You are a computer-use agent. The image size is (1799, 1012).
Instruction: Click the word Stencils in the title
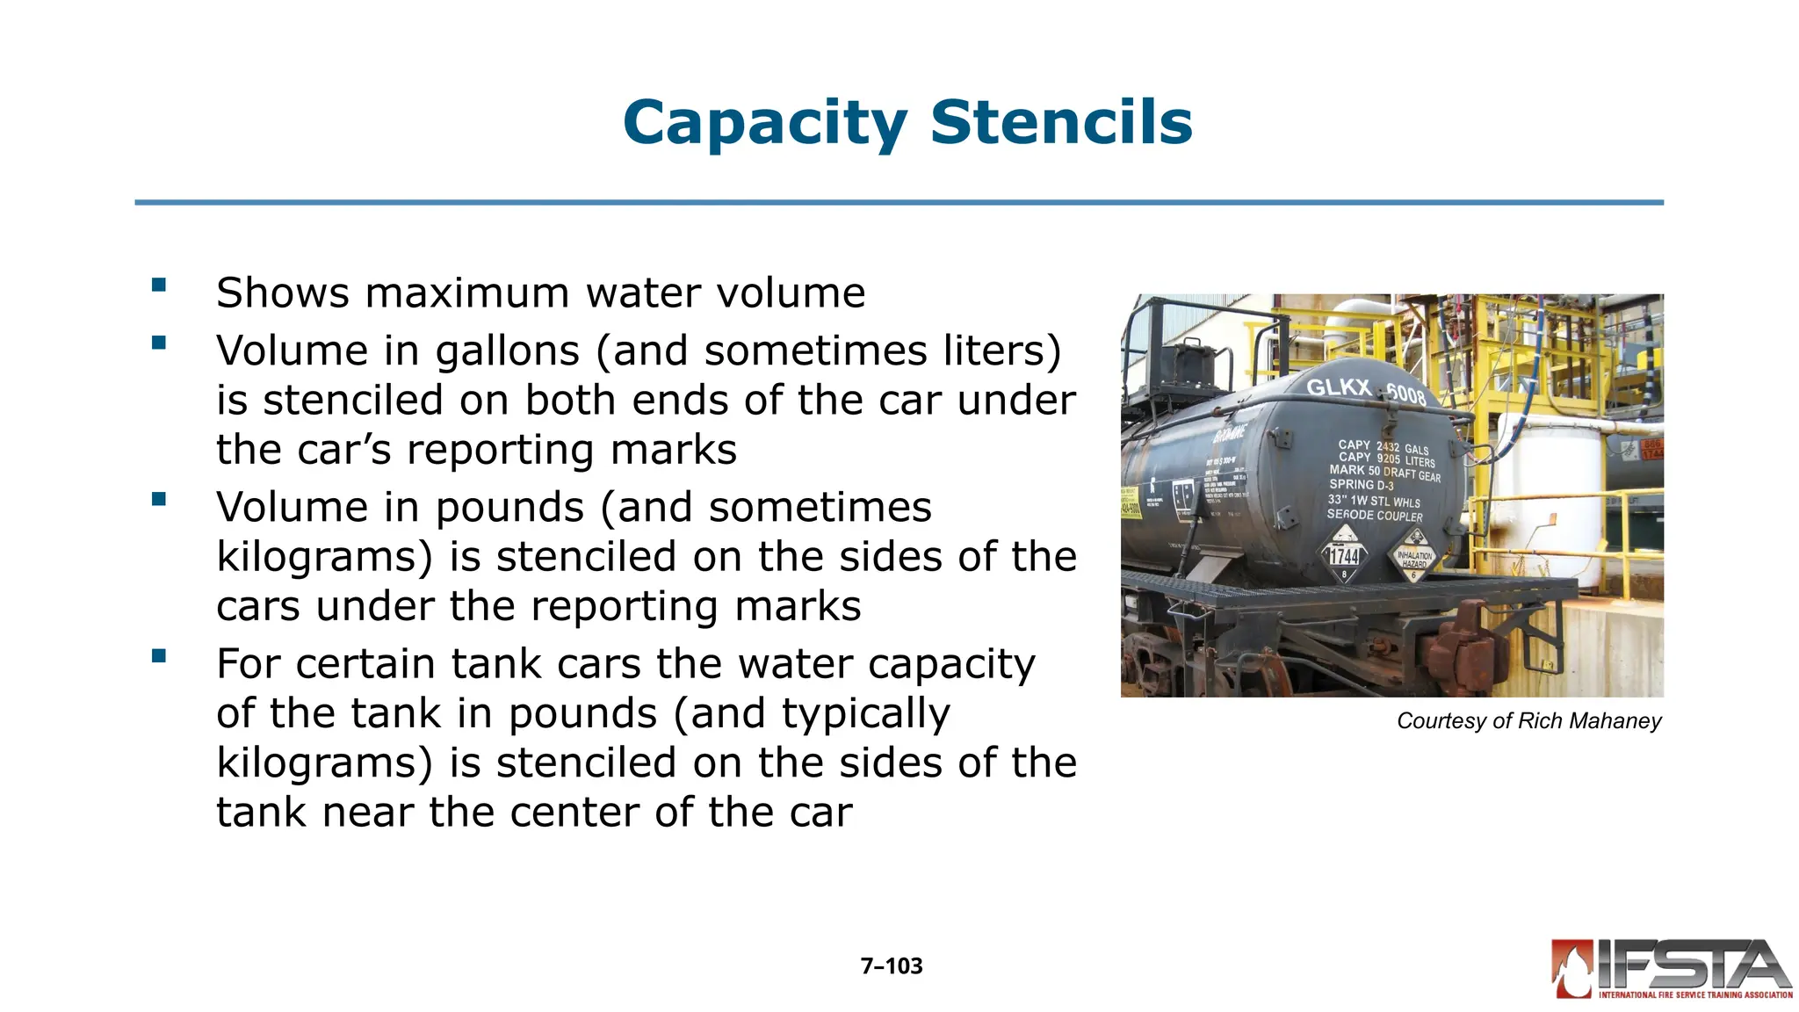pos(1061,122)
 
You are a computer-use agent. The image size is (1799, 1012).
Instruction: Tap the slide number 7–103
pos(892,966)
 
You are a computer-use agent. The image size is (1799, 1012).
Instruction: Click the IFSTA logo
pos(1672,969)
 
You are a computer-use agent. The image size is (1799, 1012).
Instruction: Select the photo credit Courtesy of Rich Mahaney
pos(1528,721)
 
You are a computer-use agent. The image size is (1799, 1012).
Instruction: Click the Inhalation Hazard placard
pos(1413,557)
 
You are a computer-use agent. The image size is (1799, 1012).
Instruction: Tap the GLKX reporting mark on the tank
pos(1339,387)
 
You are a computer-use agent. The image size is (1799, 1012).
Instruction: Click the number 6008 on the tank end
pos(1406,395)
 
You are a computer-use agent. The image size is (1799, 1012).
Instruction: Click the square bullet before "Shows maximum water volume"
pos(159,285)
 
